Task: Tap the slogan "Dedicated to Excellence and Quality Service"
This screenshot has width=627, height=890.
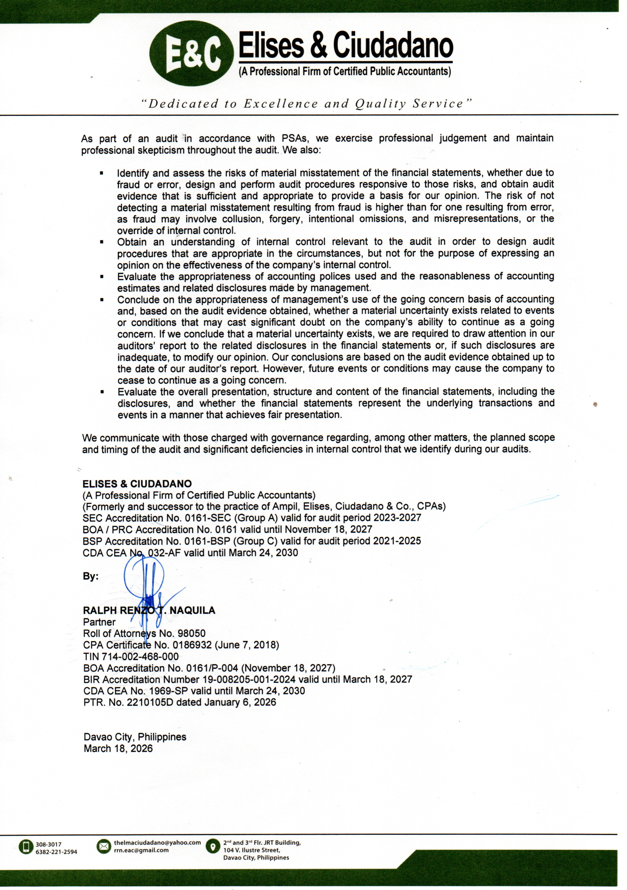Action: [x=307, y=104]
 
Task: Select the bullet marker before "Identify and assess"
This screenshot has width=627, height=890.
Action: [x=102, y=173]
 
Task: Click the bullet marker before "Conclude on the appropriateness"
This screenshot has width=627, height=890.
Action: [x=102, y=300]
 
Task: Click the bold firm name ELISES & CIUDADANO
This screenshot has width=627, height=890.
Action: [x=137, y=484]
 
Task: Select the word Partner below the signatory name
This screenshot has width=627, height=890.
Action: [x=99, y=622]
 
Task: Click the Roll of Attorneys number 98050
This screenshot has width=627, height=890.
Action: [x=191, y=633]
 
